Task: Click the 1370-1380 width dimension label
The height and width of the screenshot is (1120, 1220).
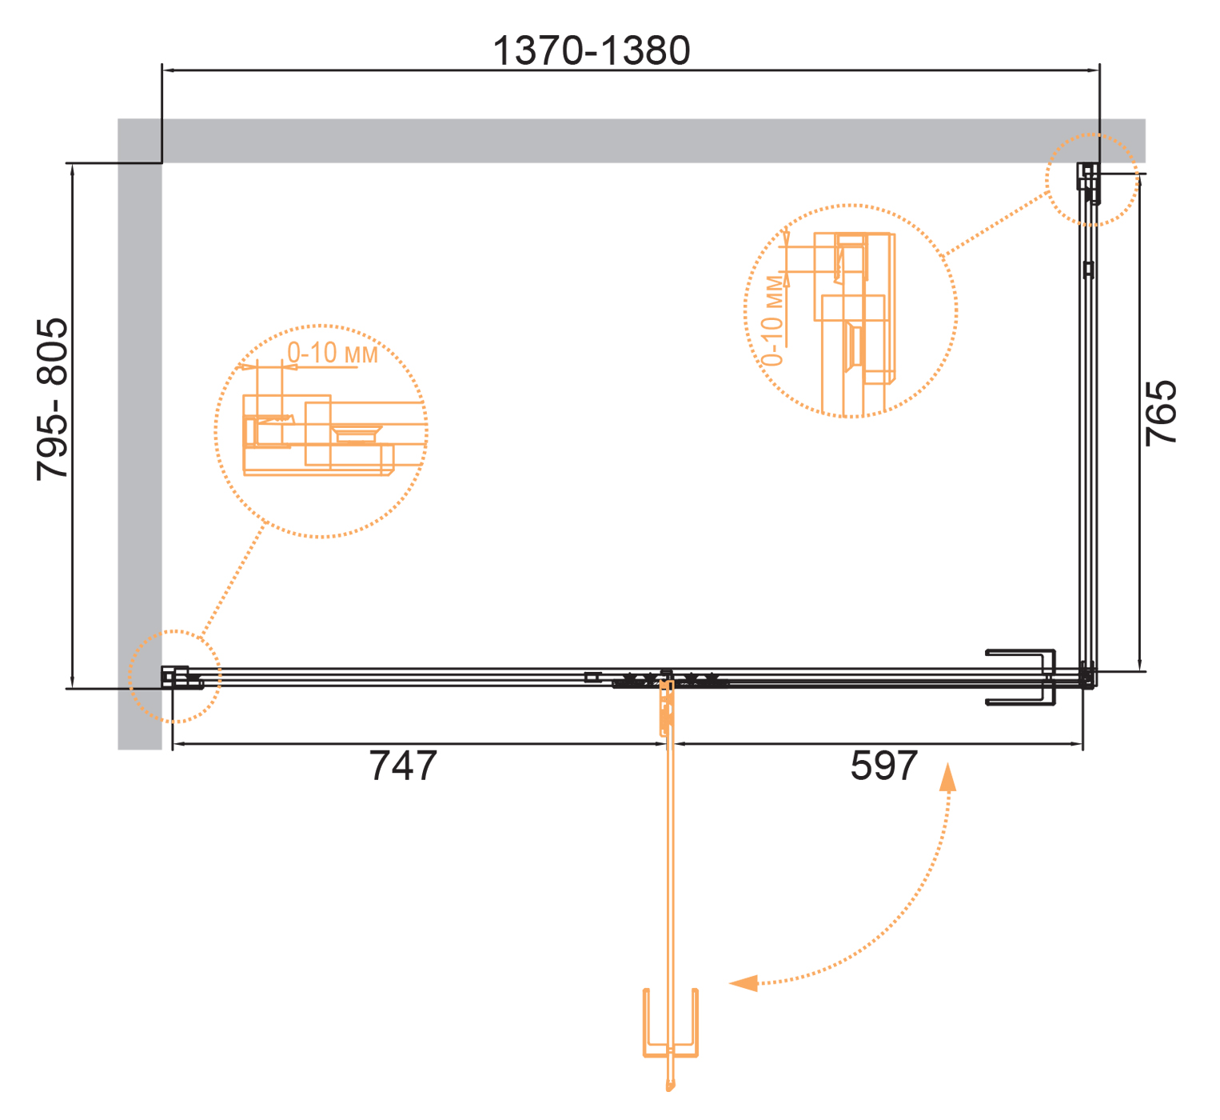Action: [591, 50]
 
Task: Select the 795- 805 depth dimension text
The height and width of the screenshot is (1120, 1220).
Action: [52, 400]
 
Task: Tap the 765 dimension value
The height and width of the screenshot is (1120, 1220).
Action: [1161, 414]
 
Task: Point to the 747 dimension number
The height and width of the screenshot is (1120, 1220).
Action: [403, 766]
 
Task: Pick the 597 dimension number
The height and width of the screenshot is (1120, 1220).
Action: [883, 766]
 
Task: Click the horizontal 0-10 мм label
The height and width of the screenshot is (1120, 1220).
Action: [332, 353]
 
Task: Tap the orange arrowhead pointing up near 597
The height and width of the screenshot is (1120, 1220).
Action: [947, 778]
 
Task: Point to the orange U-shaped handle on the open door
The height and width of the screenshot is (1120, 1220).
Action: [670, 1023]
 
